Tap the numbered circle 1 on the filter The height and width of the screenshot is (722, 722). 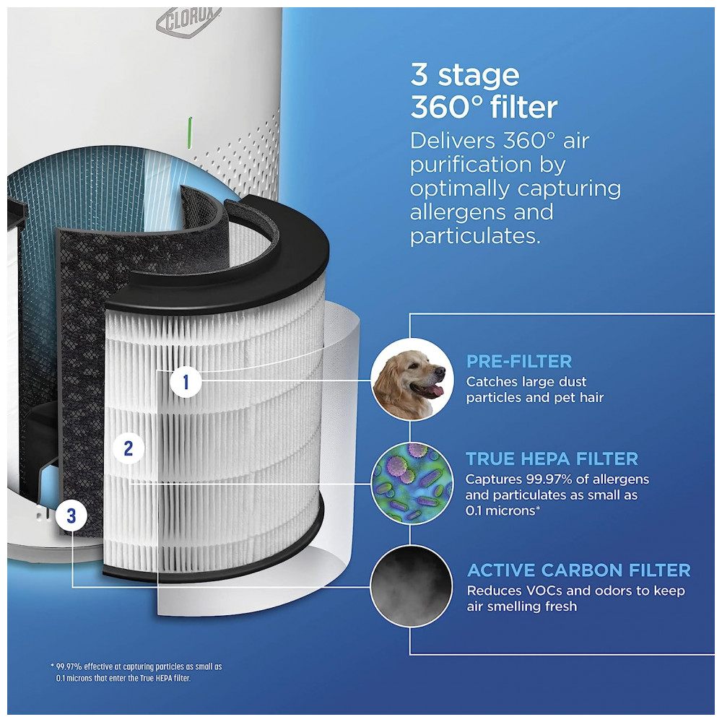point(186,382)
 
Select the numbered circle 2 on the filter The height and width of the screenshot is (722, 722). point(129,448)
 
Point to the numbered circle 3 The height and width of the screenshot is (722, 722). point(71,516)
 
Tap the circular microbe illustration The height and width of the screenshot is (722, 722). point(412,483)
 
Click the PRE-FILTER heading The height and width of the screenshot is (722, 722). point(519,362)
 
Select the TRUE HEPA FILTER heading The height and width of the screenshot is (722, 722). point(552,458)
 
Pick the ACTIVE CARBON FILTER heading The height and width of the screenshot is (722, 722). point(579,570)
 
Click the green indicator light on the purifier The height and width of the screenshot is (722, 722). point(190,133)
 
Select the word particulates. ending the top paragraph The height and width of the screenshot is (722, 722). point(475,236)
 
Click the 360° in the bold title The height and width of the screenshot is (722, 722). point(447,108)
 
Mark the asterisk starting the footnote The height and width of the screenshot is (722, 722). point(52,666)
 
